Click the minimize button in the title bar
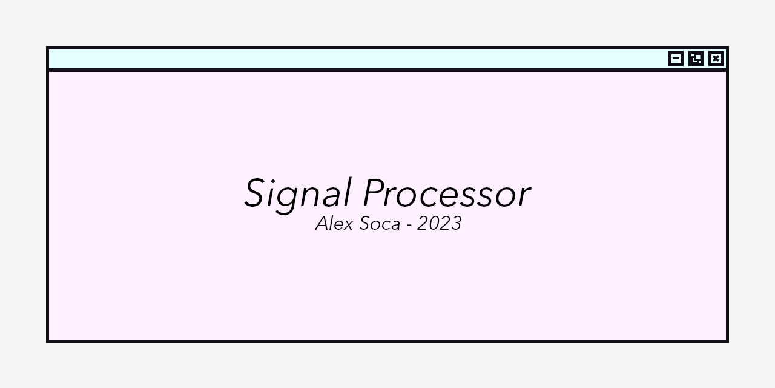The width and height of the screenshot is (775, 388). pos(676,58)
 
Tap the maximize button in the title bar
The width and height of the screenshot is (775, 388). pos(696,58)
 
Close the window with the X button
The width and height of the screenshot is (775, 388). pos(716,58)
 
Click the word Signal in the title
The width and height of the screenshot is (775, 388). pos(297,194)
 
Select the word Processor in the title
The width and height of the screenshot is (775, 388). pos(446,194)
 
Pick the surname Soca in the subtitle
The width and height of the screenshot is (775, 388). pos(380,224)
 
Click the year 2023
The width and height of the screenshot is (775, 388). pos(439,224)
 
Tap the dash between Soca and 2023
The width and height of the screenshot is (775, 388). pos(409,225)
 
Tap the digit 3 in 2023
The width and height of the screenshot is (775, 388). pos(455,224)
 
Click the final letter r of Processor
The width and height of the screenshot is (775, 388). pos(524,198)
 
